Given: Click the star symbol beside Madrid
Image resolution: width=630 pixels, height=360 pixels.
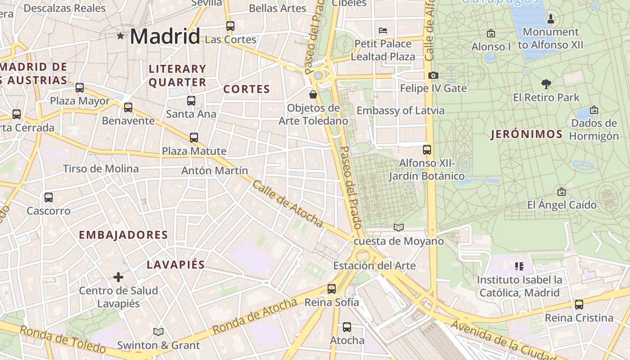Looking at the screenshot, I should (x=120, y=36).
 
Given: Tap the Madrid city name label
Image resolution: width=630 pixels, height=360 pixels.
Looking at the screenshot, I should (x=165, y=36).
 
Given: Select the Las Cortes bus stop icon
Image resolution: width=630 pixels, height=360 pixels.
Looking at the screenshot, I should (x=230, y=26).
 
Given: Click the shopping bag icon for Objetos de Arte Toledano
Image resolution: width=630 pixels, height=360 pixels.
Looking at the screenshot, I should (x=313, y=94).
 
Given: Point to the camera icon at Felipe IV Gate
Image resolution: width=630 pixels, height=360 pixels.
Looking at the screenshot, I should (x=433, y=75).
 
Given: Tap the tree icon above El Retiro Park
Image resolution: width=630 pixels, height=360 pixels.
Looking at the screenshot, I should (x=546, y=84).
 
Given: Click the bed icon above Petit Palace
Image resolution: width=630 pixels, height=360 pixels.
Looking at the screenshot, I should (x=383, y=31).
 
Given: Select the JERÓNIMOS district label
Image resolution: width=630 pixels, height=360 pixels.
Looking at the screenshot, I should (x=526, y=134).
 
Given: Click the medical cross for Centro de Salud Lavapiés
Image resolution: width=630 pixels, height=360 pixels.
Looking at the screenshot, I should (x=118, y=277).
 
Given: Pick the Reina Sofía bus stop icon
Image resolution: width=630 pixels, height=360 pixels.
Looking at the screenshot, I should (x=332, y=289).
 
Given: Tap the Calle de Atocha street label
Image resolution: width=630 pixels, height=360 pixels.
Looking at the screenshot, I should (x=288, y=204).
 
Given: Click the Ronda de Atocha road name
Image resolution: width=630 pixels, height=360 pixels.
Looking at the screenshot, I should (x=255, y=316).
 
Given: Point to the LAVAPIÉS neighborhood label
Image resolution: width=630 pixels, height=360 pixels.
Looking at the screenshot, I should (x=175, y=265).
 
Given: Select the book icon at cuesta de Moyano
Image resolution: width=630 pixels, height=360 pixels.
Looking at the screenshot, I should (x=399, y=227).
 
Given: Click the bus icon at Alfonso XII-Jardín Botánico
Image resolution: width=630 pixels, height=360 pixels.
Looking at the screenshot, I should (x=427, y=150).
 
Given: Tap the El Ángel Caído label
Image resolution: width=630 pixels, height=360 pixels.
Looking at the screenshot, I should (x=562, y=205).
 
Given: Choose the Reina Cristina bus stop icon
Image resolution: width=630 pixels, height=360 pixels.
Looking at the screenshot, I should (x=579, y=305).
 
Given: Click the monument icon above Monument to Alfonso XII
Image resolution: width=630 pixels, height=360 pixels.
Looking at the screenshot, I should (x=550, y=19).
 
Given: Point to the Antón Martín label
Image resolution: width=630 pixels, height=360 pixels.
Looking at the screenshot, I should (x=215, y=171).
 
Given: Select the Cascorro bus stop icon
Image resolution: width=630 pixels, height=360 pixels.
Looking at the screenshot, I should (x=49, y=198).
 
